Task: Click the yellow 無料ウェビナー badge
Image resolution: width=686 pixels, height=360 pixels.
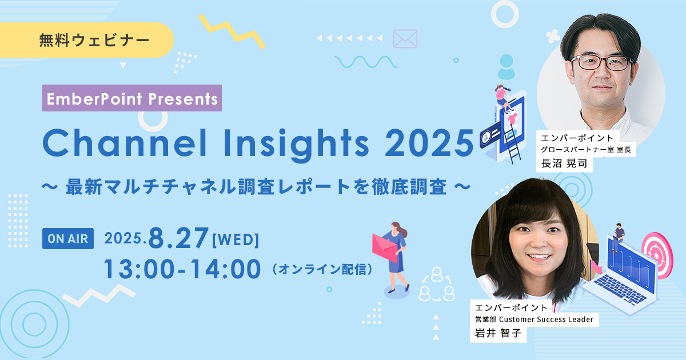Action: [x=94, y=41]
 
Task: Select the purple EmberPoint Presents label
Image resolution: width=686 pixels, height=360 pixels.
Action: [x=132, y=98]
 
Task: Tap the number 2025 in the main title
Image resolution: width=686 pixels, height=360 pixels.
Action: [x=429, y=144]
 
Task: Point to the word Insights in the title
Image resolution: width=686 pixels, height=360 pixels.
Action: [x=297, y=144]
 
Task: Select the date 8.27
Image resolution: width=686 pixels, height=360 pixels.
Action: [x=179, y=238]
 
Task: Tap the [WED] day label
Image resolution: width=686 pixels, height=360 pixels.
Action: [x=235, y=239]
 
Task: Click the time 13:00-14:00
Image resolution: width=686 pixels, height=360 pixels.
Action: [x=182, y=269]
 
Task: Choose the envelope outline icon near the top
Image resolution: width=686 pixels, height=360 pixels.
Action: [x=405, y=39]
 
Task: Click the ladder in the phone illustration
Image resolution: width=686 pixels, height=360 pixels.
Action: [x=513, y=143]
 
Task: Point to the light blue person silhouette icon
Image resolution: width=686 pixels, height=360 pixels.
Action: [x=506, y=67]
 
